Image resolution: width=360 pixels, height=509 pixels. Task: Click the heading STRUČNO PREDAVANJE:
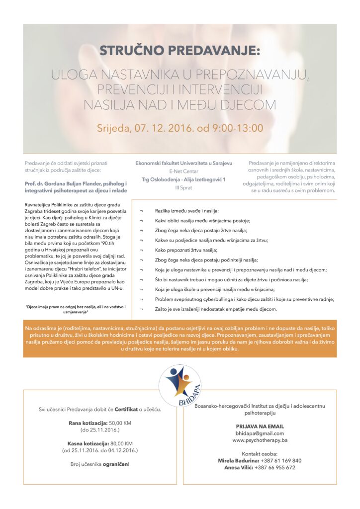pos(180,51)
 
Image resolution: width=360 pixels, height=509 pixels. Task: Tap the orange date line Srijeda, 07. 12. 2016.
pos(180,128)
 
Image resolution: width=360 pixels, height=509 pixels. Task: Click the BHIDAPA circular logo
pos(180,386)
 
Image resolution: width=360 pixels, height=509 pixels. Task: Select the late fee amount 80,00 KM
pos(121,443)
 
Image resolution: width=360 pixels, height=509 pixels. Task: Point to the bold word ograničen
pos(114,464)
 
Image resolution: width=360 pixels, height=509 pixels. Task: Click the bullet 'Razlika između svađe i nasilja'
pos(187,211)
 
